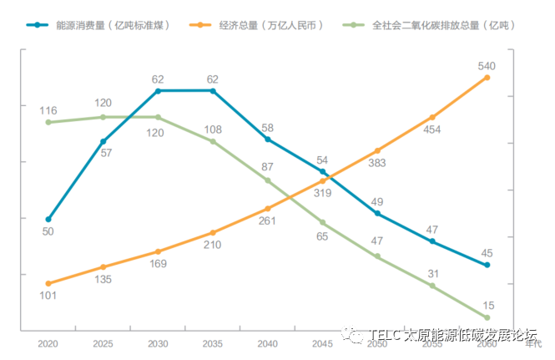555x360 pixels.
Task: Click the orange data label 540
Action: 487,65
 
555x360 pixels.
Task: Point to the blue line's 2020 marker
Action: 48,219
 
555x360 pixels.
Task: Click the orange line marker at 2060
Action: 487,78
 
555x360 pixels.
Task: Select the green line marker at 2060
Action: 487,317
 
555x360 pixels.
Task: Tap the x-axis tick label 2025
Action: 103,343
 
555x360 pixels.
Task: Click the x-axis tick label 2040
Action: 268,343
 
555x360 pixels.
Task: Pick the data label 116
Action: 48,110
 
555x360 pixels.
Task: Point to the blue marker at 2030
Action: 159,90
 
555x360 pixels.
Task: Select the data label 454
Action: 431,129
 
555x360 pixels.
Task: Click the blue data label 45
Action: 487,253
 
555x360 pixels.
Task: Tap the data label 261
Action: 268,221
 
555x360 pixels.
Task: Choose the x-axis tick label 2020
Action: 48,343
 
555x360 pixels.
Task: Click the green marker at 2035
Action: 213,141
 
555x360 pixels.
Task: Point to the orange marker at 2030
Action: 159,251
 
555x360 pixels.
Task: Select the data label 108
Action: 213,129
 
